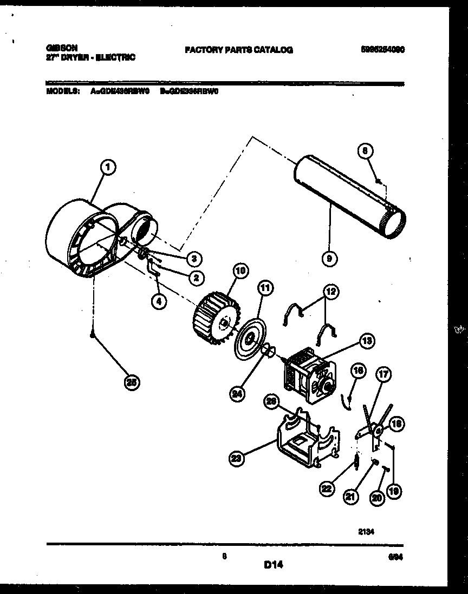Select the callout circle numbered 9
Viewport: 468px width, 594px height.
(328, 259)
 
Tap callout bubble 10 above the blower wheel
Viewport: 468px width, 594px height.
(240, 270)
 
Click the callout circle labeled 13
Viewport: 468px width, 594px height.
(366, 340)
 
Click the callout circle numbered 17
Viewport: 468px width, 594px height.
(383, 374)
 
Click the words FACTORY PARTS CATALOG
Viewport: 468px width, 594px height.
(239, 50)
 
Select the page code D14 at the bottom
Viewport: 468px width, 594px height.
(274, 565)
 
